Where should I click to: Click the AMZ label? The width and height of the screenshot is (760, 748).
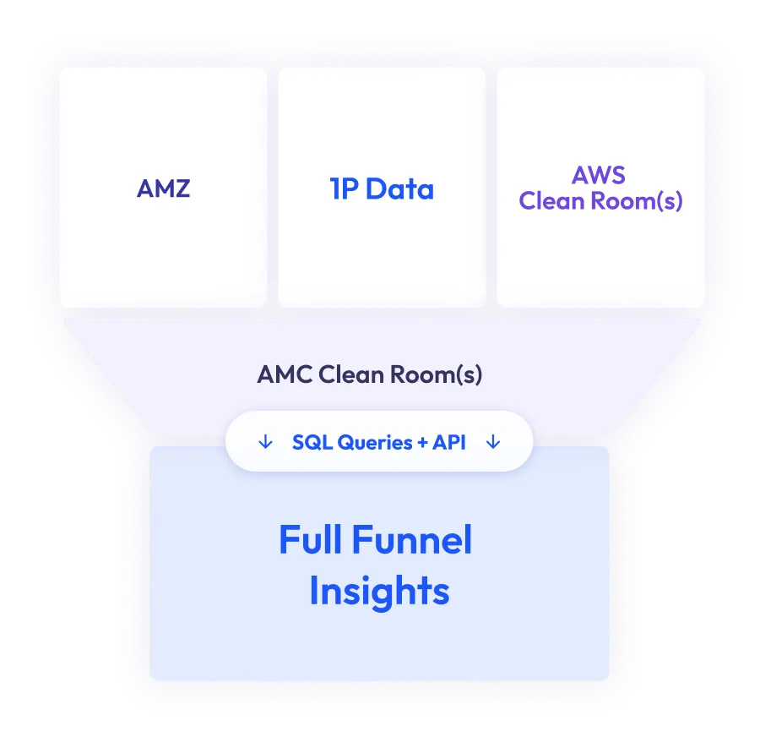(163, 188)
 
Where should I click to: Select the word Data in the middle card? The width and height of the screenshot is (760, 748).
(400, 189)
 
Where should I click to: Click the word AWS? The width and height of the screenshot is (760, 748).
(600, 175)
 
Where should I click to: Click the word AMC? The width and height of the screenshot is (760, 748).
(285, 374)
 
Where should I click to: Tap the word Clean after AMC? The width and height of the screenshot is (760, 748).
(350, 374)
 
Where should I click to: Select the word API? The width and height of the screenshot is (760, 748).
(448, 442)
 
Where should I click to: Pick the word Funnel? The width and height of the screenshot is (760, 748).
(417, 541)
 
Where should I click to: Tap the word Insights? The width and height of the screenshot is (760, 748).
(379, 592)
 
